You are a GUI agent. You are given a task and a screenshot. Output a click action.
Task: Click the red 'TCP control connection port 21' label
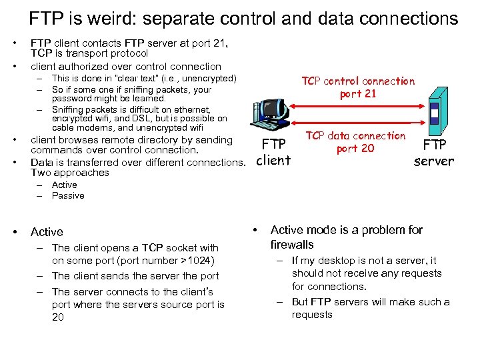[358, 87]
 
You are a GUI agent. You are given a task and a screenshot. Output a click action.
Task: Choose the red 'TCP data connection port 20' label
[355, 142]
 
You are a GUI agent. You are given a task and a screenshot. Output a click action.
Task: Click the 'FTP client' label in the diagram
[273, 152]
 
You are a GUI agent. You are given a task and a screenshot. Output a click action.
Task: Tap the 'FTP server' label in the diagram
[433, 151]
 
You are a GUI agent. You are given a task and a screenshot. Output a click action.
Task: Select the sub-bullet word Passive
[68, 195]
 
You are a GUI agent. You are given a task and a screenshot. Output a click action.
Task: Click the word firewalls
[292, 245]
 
